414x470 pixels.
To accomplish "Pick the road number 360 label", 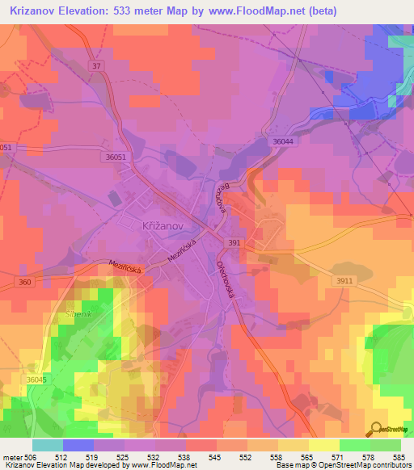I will [24, 282].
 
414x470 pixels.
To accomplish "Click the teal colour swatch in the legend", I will [48, 444].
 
